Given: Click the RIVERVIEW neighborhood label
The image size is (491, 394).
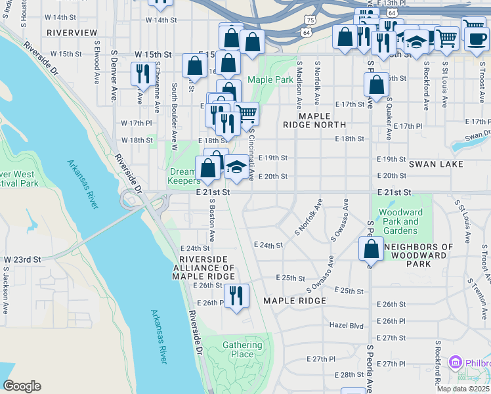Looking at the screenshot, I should (x=72, y=32).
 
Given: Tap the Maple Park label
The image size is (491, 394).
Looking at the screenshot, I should (x=270, y=80).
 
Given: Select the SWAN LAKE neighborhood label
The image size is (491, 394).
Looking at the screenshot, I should (x=436, y=164).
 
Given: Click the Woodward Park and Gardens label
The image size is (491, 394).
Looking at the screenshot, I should (x=400, y=221).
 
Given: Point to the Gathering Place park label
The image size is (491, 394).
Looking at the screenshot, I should (x=238, y=349).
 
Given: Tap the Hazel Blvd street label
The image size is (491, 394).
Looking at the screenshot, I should (x=346, y=325).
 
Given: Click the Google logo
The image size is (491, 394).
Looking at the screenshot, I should (x=22, y=386).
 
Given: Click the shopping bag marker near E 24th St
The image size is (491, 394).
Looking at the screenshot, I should (x=371, y=249).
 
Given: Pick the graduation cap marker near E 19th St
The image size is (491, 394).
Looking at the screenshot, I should (x=236, y=167).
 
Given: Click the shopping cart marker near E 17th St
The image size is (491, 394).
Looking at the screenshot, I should (x=247, y=113).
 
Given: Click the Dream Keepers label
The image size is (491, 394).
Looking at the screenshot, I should (x=184, y=175).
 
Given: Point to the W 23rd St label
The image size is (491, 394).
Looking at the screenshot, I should (x=22, y=260).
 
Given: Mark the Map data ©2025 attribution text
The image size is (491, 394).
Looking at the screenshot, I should (x=461, y=389).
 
